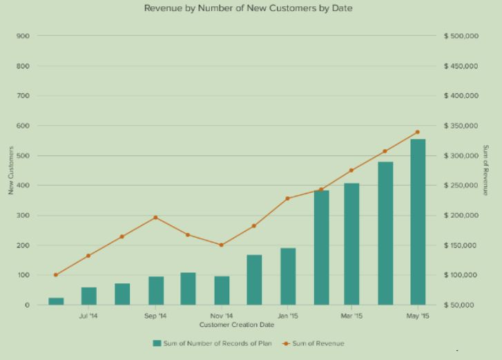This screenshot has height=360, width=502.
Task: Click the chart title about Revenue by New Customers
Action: (249, 8)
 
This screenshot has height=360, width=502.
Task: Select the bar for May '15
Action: (418, 222)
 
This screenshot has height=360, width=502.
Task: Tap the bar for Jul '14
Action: (89, 296)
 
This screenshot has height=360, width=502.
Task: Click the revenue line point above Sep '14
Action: (155, 218)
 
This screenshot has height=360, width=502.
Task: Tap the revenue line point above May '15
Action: (418, 132)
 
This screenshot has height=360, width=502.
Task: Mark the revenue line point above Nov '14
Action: (222, 245)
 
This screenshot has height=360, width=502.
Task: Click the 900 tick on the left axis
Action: (23, 36)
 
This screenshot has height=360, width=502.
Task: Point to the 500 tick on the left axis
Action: (23, 155)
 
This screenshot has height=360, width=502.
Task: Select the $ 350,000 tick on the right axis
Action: (461, 126)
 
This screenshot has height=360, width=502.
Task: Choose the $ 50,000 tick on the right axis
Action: (459, 305)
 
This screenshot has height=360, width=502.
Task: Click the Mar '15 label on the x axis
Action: (351, 316)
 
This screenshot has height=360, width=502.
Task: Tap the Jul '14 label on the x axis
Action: (89, 316)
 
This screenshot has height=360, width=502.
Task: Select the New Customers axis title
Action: (11, 170)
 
